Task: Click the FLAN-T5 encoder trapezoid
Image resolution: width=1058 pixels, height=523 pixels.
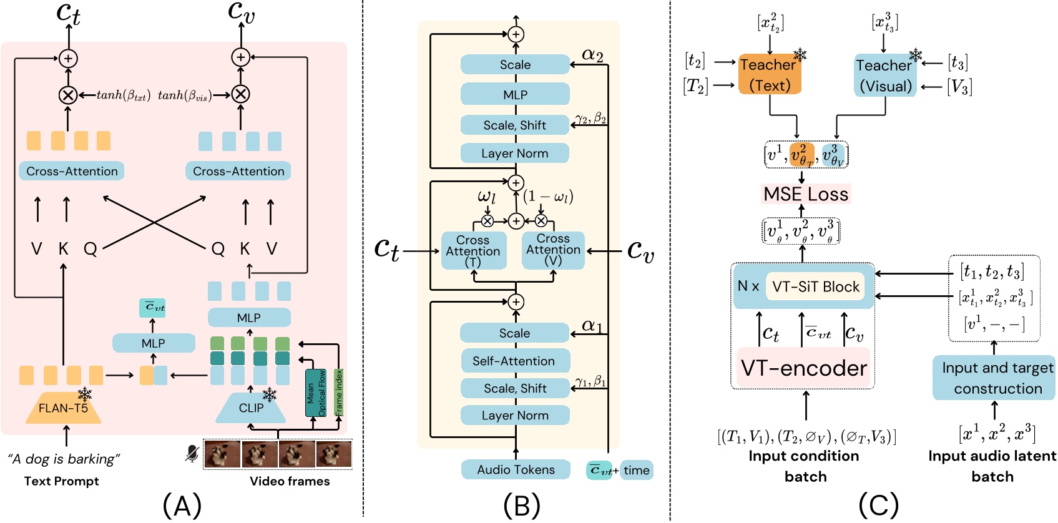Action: click(x=63, y=408)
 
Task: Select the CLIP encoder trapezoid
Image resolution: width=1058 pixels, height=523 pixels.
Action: click(x=251, y=408)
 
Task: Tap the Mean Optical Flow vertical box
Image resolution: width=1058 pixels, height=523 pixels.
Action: click(x=315, y=393)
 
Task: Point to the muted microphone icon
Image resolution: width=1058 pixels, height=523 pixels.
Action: click(x=192, y=454)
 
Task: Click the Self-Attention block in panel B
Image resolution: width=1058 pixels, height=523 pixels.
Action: click(x=514, y=361)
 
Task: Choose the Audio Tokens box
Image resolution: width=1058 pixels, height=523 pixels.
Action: click(x=516, y=469)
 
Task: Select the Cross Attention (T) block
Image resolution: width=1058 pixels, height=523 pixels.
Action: click(x=473, y=251)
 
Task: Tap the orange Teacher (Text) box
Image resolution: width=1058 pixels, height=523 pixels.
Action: click(x=769, y=74)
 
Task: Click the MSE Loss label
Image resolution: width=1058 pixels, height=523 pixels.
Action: click(x=806, y=194)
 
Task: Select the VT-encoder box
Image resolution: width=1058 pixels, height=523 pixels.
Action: click(x=803, y=368)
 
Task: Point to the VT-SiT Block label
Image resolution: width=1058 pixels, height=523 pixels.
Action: click(x=815, y=286)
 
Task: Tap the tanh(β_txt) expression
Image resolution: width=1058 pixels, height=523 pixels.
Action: click(x=123, y=95)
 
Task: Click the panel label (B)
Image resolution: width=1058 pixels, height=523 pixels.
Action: click(x=521, y=504)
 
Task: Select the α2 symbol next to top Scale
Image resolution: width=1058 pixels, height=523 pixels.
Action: click(x=592, y=55)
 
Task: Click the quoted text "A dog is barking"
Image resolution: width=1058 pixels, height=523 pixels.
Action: click(x=64, y=459)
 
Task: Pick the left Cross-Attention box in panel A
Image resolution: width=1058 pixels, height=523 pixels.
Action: click(x=72, y=171)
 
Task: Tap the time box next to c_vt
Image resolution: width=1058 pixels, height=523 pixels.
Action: click(x=637, y=470)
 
